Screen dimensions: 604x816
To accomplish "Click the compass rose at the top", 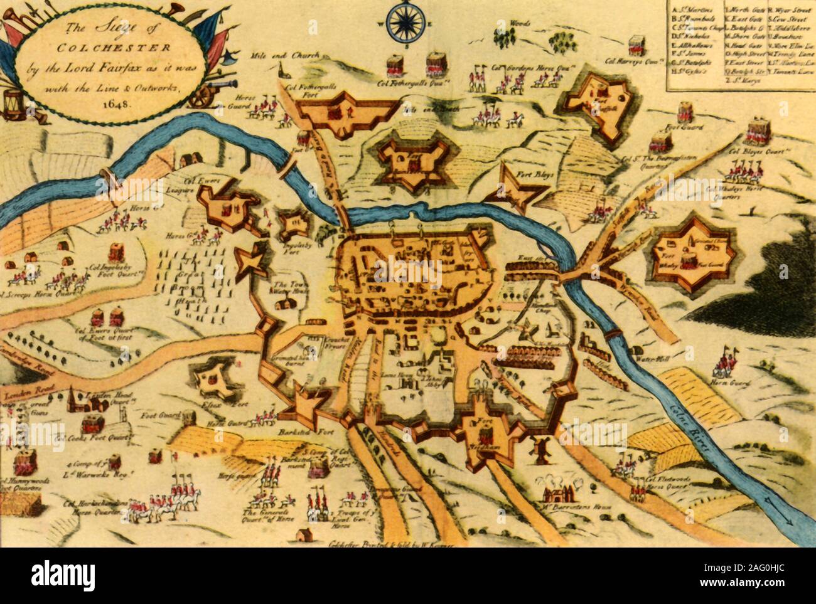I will (406, 22).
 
